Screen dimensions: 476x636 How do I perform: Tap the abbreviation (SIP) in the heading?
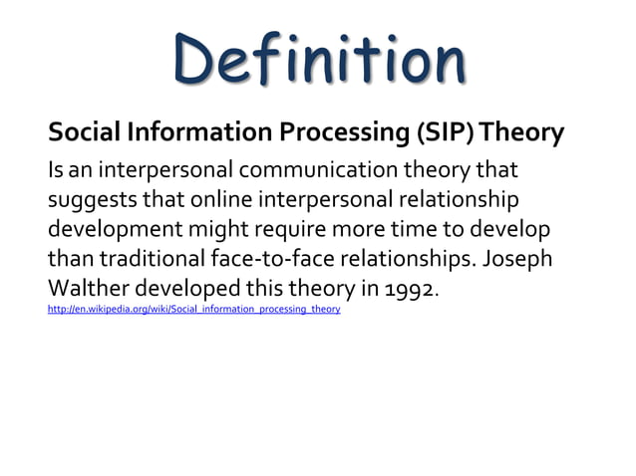coord(429,131)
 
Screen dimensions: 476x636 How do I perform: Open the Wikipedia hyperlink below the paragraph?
coord(194,310)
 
